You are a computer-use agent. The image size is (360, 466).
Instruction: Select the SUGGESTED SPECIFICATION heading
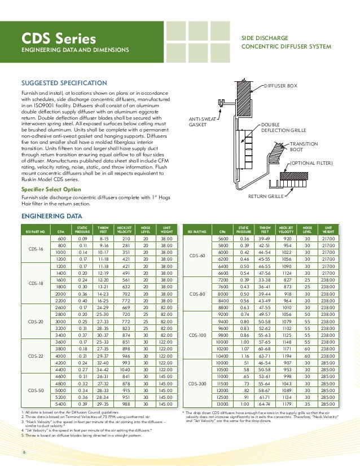pos(64,83)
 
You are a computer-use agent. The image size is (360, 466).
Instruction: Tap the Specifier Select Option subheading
pos(51,190)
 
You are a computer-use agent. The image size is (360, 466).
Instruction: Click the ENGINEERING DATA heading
pos(49,216)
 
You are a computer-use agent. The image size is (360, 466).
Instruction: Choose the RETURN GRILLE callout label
pos(266,197)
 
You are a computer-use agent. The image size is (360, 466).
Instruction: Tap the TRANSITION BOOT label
pos(303,147)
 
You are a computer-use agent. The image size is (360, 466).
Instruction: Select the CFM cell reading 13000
pos(223,404)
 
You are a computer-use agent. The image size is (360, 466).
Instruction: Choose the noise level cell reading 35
pos(307,404)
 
